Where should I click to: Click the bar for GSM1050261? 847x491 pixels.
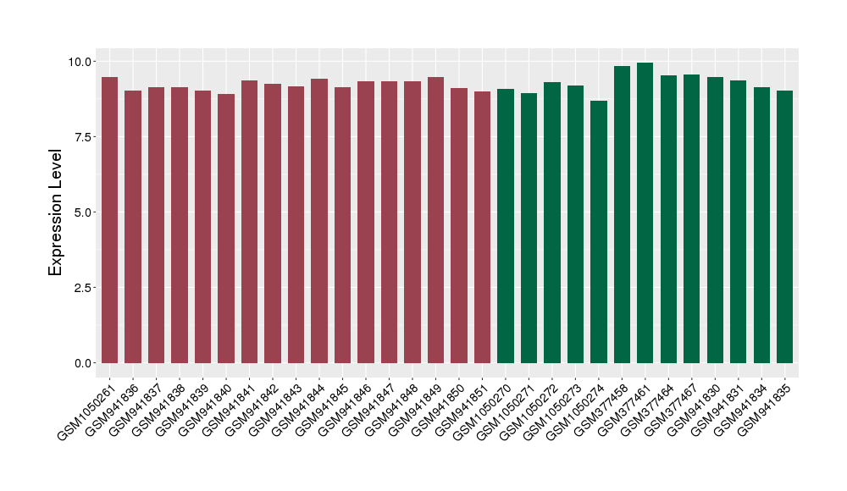coord(109,220)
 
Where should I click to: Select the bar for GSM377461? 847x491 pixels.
coord(645,213)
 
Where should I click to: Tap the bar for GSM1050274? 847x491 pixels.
coord(599,232)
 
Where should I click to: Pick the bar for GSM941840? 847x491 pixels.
coord(226,229)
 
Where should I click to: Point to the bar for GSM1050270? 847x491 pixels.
coord(506,226)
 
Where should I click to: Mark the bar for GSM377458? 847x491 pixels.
coord(622,215)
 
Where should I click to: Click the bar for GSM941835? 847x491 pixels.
coord(784,227)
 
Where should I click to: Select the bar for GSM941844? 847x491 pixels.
coord(319,221)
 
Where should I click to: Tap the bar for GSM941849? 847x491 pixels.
coord(435,220)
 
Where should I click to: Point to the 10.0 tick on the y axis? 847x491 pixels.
coord(81,62)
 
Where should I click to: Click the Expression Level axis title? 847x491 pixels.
coord(56,212)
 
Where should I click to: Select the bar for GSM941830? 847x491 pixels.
coord(715,220)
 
